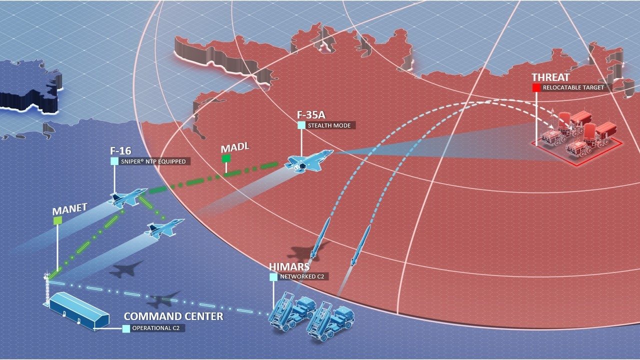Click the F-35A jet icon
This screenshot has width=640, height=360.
tap(306, 160)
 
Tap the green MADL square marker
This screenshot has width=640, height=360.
tap(226, 158)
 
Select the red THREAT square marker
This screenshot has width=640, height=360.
tap(536, 87)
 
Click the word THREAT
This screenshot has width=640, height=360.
tap(550, 77)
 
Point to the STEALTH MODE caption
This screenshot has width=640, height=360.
tap(330, 125)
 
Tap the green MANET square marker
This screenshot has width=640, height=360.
tap(57, 220)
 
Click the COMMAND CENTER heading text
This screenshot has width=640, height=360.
tap(173, 316)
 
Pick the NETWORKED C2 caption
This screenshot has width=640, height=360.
tap(302, 276)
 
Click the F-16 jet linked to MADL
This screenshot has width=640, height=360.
tap(127, 196)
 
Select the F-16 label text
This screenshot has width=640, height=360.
tap(120, 151)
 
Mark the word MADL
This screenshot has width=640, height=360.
tap(234, 148)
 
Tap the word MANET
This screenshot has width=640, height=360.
tap(69, 209)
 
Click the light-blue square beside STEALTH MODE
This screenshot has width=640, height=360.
tap(301, 125)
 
